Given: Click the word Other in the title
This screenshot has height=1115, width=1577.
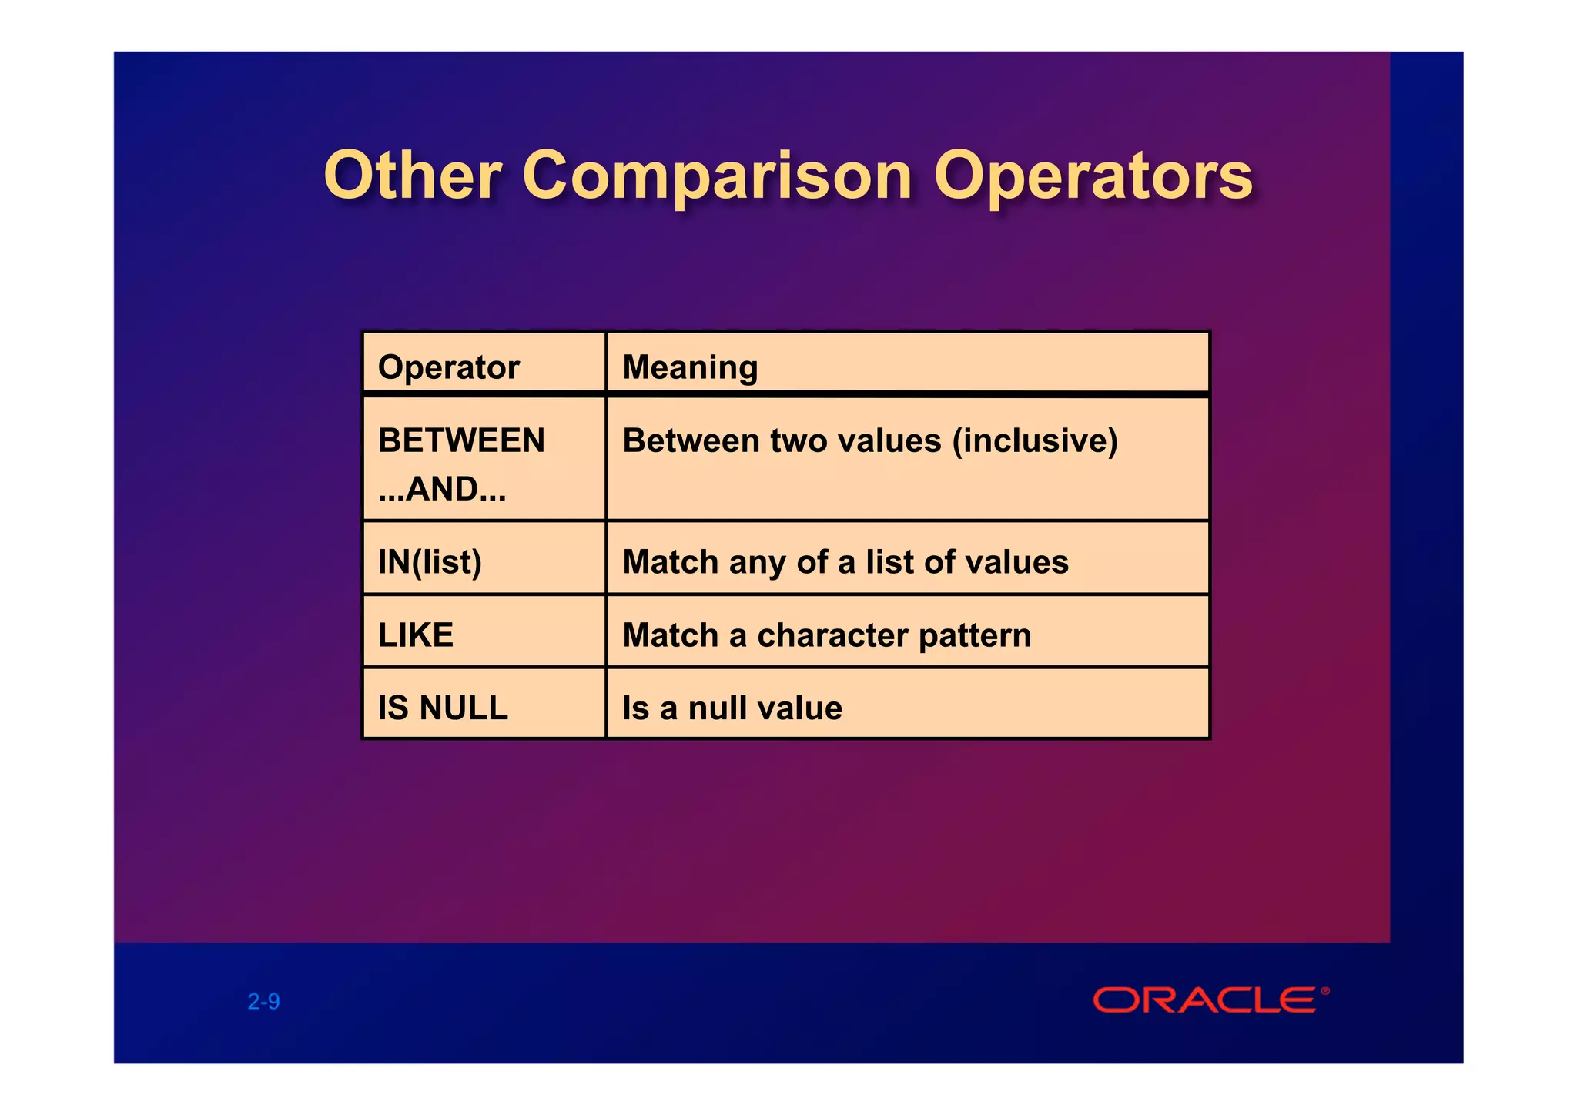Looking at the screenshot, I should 413,176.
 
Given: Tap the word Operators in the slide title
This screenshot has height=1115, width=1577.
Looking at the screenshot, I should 1093,177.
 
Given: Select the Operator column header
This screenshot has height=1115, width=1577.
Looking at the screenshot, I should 449,367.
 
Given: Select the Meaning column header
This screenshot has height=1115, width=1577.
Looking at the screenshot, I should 690,367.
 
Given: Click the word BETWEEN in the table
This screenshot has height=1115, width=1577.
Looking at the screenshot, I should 461,440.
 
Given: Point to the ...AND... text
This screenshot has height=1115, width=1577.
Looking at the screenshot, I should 442,489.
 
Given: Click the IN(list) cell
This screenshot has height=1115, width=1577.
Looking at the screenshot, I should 430,562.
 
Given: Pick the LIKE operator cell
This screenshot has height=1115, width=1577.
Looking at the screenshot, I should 416,635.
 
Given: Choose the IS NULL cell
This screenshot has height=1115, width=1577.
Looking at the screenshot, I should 443,708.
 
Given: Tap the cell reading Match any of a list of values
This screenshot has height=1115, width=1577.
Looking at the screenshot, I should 845,562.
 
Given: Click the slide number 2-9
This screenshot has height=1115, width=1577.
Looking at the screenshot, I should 263,1002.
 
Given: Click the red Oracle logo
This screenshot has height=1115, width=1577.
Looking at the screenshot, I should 1204,1000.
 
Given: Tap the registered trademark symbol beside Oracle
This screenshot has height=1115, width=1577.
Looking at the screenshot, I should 1325,990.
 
